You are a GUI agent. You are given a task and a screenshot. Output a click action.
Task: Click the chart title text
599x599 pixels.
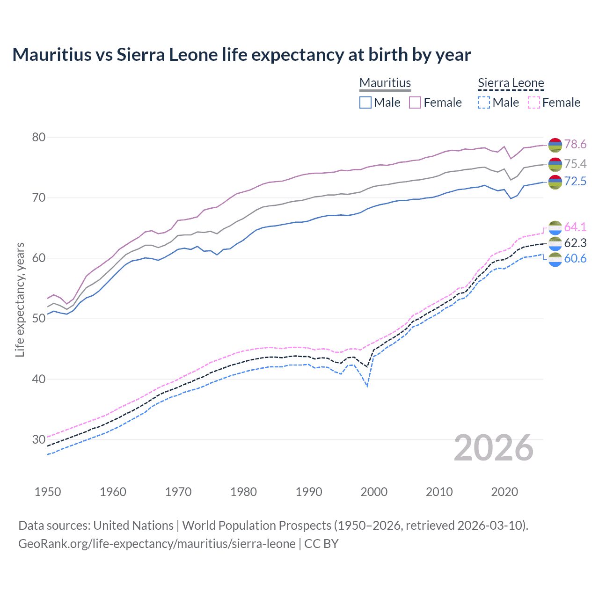[x=241, y=55]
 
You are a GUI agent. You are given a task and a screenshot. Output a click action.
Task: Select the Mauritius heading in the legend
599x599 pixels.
[x=385, y=83]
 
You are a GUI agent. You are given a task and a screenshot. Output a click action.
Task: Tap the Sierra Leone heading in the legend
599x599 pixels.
[x=511, y=83]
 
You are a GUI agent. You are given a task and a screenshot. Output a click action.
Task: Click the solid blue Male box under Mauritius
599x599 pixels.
[x=365, y=102]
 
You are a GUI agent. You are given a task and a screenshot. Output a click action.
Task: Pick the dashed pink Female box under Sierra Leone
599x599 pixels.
[x=534, y=102]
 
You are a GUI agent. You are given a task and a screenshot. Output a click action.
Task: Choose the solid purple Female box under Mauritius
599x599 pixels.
[x=415, y=102]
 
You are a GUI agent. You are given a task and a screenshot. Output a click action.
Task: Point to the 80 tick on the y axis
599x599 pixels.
[x=39, y=137]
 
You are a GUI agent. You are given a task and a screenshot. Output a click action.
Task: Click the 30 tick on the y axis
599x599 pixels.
[x=39, y=439]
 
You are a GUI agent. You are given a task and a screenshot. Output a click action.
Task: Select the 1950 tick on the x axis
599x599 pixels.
[x=48, y=492]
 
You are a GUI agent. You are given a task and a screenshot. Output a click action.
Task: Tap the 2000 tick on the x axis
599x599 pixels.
[x=374, y=492]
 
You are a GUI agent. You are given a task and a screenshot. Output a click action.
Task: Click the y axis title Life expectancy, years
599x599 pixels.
[x=20, y=299]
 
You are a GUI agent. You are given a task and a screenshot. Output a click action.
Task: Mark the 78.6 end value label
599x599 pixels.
[x=575, y=144]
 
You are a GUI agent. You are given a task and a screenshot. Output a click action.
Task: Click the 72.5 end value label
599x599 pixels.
[x=575, y=181]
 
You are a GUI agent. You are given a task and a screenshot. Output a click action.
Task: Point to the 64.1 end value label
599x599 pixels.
[x=575, y=227]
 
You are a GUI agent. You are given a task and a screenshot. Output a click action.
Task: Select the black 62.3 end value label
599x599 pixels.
[x=575, y=243]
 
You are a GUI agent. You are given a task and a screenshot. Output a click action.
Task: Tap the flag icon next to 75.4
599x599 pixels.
[x=555, y=164]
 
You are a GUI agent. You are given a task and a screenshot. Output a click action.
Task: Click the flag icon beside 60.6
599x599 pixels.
[x=555, y=259]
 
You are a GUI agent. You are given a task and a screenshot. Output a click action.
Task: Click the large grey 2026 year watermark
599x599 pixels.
[x=494, y=448]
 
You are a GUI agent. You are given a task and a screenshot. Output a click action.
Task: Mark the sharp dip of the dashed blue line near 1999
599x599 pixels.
[x=367, y=386]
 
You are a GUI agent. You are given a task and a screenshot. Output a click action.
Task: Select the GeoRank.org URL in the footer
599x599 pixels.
[x=157, y=544]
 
